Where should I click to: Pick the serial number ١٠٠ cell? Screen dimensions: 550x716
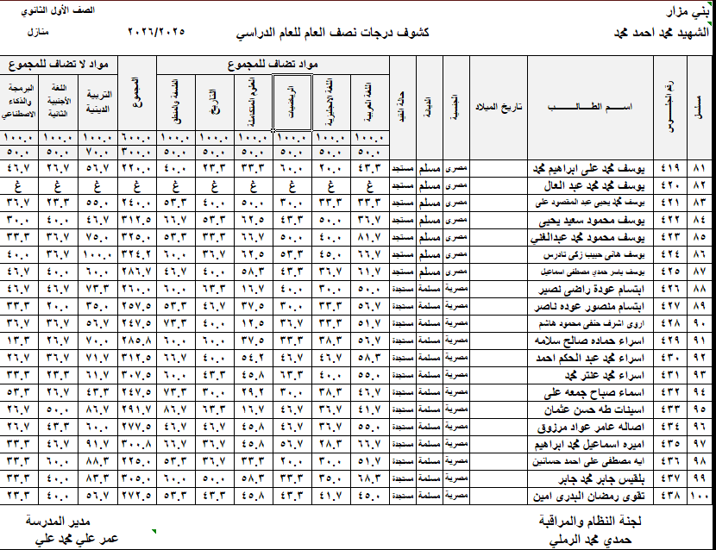pyautogui.click(x=700, y=497)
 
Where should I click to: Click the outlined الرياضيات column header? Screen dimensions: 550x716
pyautogui.click(x=292, y=102)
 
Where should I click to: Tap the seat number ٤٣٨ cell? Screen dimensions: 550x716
pyautogui.click(x=669, y=497)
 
